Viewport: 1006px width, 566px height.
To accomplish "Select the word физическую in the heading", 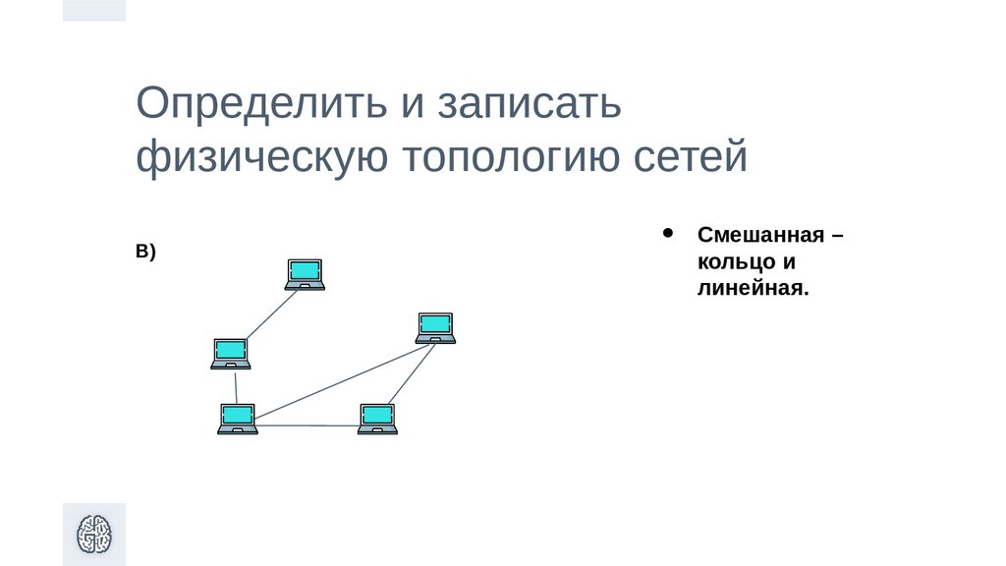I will point(258,157).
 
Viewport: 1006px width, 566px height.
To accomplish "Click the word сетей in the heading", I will point(687,157).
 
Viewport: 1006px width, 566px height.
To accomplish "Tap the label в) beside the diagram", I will point(146,253).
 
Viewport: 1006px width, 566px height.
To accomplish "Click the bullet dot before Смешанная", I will point(669,234).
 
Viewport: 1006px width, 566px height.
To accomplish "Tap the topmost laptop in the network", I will point(305,274).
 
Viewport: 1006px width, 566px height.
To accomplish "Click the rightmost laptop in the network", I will point(435,327).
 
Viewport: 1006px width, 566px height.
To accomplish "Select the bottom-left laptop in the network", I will point(237,419).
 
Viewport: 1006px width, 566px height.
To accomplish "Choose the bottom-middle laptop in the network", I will point(377,419).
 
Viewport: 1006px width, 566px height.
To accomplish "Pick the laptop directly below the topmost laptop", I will point(231,353).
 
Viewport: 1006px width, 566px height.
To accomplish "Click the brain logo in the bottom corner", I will point(94,535).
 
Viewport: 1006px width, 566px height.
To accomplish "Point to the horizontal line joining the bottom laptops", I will point(307,425).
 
